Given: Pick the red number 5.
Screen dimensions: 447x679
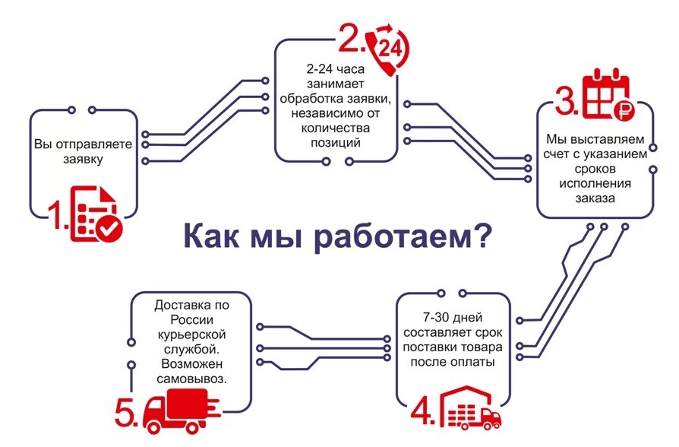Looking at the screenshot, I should pos(126,414).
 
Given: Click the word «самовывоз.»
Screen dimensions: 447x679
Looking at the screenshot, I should pos(191,378).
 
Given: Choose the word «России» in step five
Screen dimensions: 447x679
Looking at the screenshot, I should pos(191,319).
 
